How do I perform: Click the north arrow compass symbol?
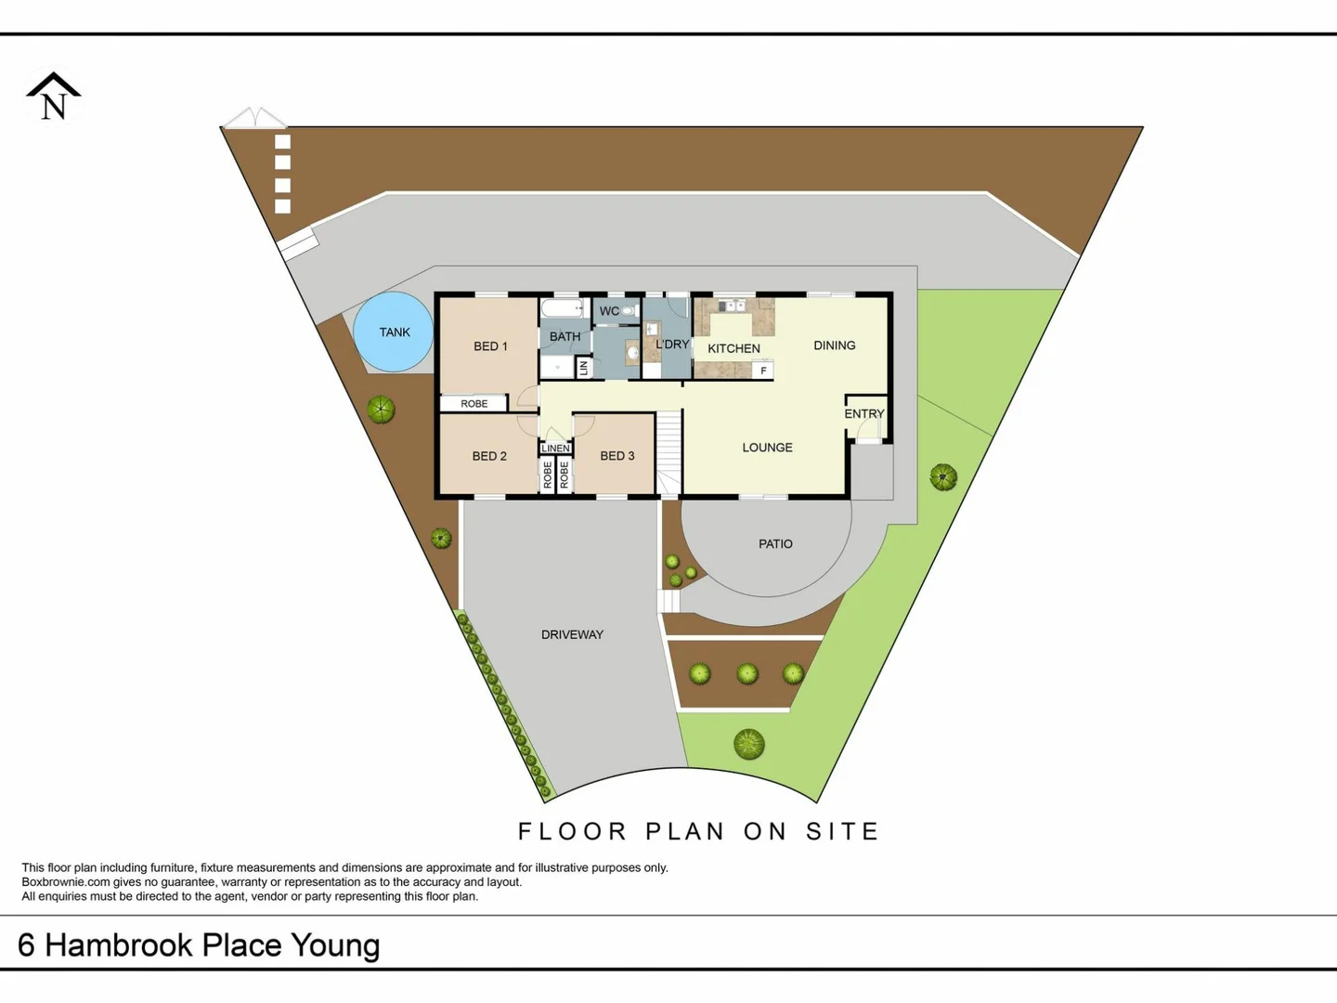point(53,98)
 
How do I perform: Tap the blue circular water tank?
point(393,332)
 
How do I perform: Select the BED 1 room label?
point(490,346)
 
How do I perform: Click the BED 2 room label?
point(489,456)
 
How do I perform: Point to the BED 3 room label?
point(617,456)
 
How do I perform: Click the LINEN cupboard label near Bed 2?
point(555,449)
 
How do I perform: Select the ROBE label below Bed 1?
point(474,404)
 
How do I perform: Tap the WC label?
point(609,311)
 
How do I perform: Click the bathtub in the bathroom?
point(562,308)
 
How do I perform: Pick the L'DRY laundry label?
point(672,345)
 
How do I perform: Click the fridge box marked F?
point(763,371)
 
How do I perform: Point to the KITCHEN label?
point(733,348)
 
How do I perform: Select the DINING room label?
point(834,345)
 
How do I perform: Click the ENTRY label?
point(864,414)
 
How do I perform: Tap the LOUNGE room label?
point(767,448)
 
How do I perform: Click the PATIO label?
point(775,544)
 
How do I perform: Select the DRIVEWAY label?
point(572,635)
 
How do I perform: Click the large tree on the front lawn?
point(749,744)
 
